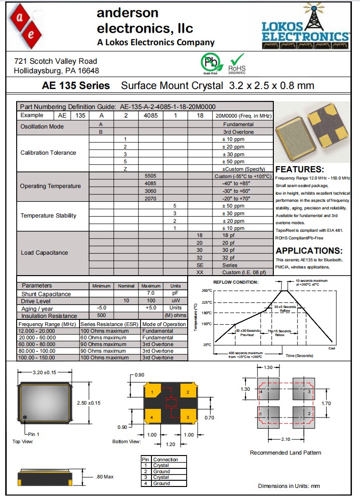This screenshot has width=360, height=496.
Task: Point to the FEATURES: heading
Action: pyautogui.click(x=300, y=169)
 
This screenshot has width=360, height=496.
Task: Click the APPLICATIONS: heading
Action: pyautogui.click(x=309, y=251)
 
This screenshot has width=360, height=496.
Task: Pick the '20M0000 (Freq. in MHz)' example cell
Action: pyautogui.click(x=243, y=115)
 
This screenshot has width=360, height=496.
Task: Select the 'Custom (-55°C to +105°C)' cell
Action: pyautogui.click(x=243, y=176)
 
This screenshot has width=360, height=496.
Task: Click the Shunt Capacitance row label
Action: pyautogui.click(x=46, y=294)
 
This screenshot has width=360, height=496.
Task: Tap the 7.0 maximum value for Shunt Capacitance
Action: pyautogui.click(x=150, y=294)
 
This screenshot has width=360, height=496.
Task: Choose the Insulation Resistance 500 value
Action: pyautogui.click(x=101, y=315)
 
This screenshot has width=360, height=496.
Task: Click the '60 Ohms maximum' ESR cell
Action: pyautogui.click(x=103, y=337)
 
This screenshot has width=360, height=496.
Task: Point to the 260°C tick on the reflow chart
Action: pyautogui.click(x=206, y=290)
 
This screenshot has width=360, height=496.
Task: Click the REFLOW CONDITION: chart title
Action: pyautogui.click(x=236, y=282)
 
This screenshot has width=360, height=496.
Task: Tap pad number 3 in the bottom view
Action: pyautogui.click(x=188, y=417)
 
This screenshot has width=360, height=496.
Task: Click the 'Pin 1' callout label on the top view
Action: pyautogui.click(x=33, y=434)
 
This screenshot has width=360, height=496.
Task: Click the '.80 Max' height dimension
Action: pyautogui.click(x=104, y=476)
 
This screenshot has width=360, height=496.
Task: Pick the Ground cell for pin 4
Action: pyautogui.click(x=161, y=483)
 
